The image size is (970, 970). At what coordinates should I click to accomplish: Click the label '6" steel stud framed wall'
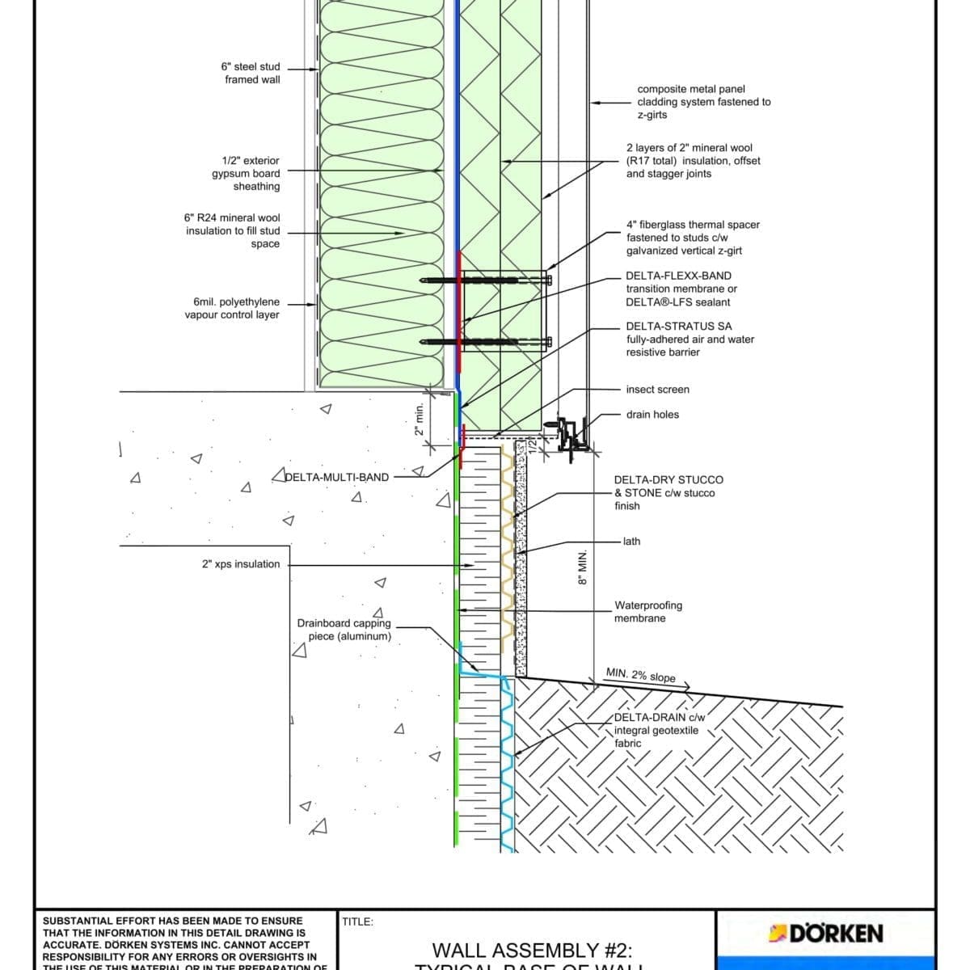tap(251, 73)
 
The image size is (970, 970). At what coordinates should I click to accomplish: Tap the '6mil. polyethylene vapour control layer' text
tap(232, 308)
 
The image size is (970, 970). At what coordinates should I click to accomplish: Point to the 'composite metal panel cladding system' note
tap(703, 102)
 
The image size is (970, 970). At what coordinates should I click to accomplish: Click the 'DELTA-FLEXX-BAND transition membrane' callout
tap(681, 289)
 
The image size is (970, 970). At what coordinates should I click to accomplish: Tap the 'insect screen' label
tap(657, 390)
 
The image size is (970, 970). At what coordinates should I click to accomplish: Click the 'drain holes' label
tap(652, 415)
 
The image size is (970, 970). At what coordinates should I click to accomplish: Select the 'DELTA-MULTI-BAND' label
tap(337, 477)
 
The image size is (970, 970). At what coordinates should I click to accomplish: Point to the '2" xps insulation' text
tap(241, 564)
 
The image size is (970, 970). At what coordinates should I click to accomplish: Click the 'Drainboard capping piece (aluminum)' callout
tap(344, 630)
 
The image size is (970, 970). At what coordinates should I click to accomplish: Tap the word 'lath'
tap(631, 542)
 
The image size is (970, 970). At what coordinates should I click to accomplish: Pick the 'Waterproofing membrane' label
tap(647, 611)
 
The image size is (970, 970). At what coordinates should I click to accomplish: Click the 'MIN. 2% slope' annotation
tap(640, 675)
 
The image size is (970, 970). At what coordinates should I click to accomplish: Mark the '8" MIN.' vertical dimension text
tap(581, 568)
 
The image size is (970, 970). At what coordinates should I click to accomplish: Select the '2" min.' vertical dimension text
tap(419, 420)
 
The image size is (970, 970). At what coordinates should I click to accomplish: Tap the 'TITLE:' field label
tap(357, 921)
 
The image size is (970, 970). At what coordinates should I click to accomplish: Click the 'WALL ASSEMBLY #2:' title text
tap(532, 951)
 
